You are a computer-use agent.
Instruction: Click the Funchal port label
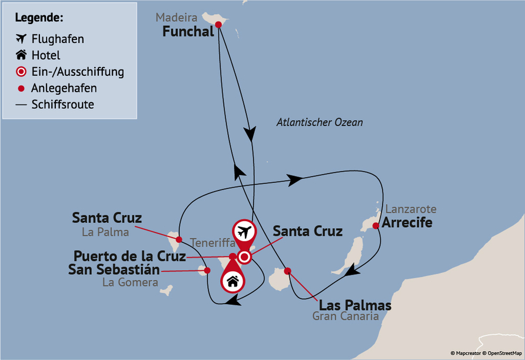coord(188,32)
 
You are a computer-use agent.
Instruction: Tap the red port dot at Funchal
coord(218,25)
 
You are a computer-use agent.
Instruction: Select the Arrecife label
coord(407,223)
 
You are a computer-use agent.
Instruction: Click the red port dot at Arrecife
coord(376,225)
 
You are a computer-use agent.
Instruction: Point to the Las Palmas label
coord(355,306)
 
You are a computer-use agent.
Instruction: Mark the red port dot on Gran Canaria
coord(287,271)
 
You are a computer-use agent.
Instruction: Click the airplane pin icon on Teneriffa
coord(244,230)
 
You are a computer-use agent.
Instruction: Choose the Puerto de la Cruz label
coord(129,256)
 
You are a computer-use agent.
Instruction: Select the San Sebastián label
coord(114,270)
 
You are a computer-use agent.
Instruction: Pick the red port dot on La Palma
coord(177,239)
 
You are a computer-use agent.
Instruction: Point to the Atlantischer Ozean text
coord(320,122)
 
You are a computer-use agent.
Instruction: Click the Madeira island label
coord(177,18)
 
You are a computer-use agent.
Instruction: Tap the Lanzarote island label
coord(411,209)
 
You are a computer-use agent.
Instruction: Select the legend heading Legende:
coord(39,18)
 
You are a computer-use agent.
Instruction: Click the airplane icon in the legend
coord(21,39)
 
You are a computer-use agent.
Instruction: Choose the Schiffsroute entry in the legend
coord(62,105)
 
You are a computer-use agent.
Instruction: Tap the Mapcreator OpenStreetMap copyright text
coord(486,353)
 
